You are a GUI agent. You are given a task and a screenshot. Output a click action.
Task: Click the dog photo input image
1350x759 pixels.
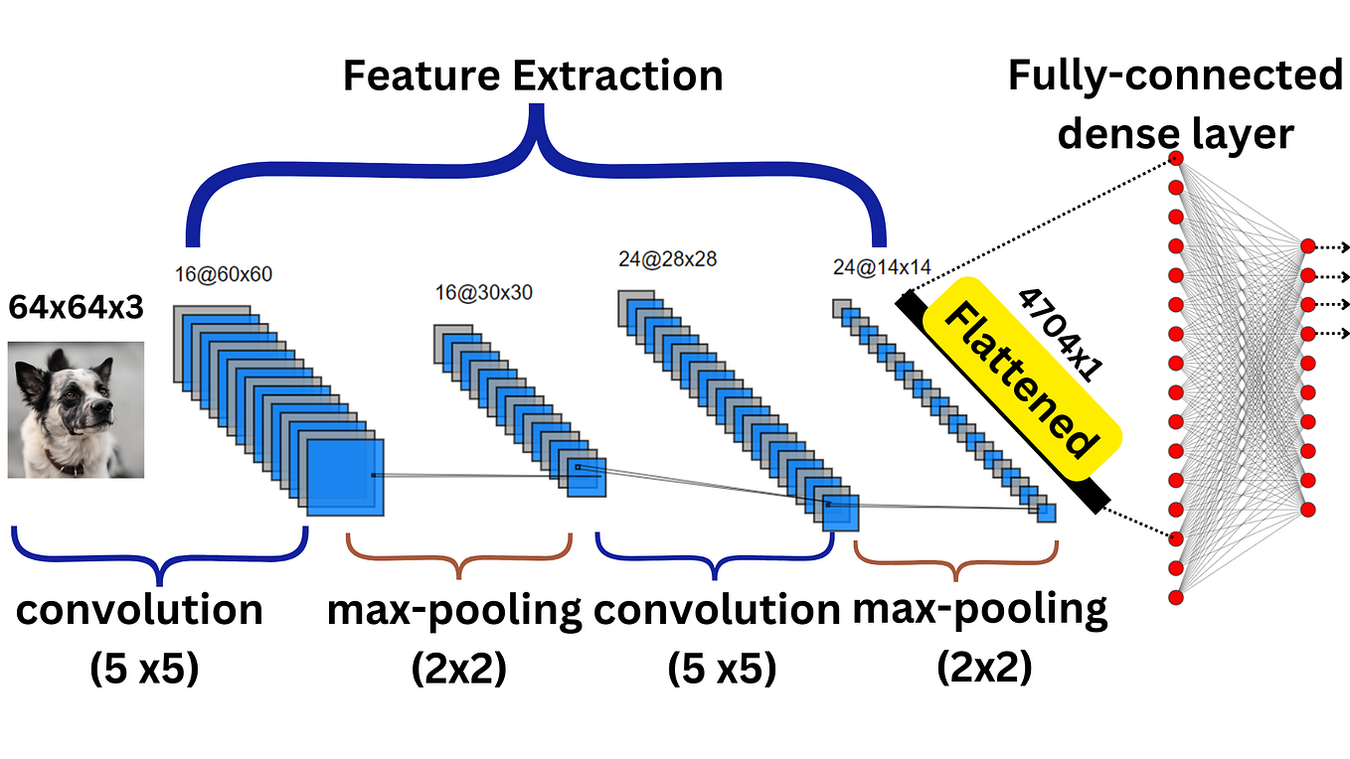tap(77, 409)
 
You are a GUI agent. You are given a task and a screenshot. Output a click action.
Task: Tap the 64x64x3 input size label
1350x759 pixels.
tap(76, 308)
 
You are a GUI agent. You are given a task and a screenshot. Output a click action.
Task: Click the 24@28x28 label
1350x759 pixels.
tap(667, 260)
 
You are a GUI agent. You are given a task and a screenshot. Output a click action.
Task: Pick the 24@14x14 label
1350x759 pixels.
tap(881, 266)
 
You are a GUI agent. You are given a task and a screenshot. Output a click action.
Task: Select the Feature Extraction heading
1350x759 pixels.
tap(533, 76)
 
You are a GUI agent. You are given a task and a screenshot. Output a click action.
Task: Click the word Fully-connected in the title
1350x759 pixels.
tap(1175, 76)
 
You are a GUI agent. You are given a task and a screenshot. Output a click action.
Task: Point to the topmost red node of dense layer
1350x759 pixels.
tap(1176, 158)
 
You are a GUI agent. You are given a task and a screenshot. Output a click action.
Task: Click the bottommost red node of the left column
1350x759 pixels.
tap(1176, 598)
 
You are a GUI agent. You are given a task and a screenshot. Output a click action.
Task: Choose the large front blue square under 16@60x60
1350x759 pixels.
tap(345, 477)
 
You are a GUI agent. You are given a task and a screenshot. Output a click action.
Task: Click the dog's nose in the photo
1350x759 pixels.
tap(103, 380)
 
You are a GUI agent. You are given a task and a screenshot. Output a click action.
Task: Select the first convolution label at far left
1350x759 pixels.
tap(139, 610)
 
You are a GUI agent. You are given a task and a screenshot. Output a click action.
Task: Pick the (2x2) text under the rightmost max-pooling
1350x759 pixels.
tap(983, 667)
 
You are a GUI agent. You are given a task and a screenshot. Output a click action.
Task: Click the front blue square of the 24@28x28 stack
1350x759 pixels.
tap(839, 512)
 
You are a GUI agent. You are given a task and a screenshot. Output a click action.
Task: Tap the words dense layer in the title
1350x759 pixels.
tap(1175, 133)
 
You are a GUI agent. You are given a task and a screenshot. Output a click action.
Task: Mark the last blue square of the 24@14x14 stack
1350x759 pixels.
tap(1046, 513)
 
